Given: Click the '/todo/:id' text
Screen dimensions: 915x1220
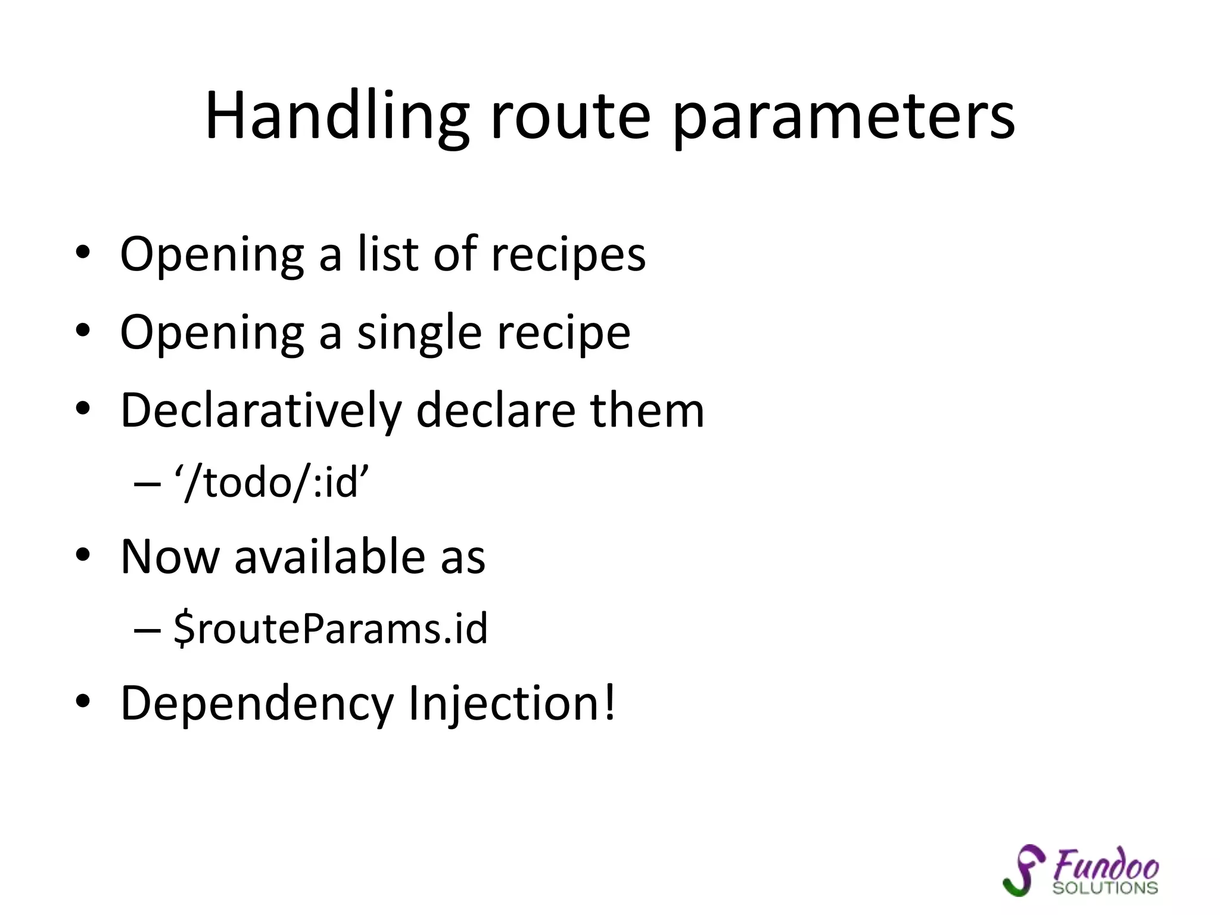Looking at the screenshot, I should coord(272,482).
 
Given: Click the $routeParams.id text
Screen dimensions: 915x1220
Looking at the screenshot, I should coord(331,628).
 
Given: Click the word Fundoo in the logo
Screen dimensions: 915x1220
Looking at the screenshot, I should coord(1106,864).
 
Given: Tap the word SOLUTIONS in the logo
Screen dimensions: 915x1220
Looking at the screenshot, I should coord(1105,888).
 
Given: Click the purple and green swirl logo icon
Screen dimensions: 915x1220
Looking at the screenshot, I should coord(1024,870).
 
